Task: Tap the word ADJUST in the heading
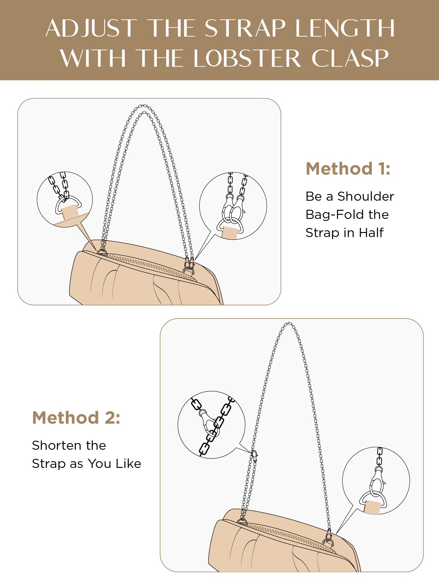[x=92, y=28]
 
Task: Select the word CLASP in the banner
[x=350, y=58]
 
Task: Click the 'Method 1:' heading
[x=348, y=169]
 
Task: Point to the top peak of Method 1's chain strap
[x=143, y=105]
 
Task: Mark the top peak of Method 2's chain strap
[x=289, y=323]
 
